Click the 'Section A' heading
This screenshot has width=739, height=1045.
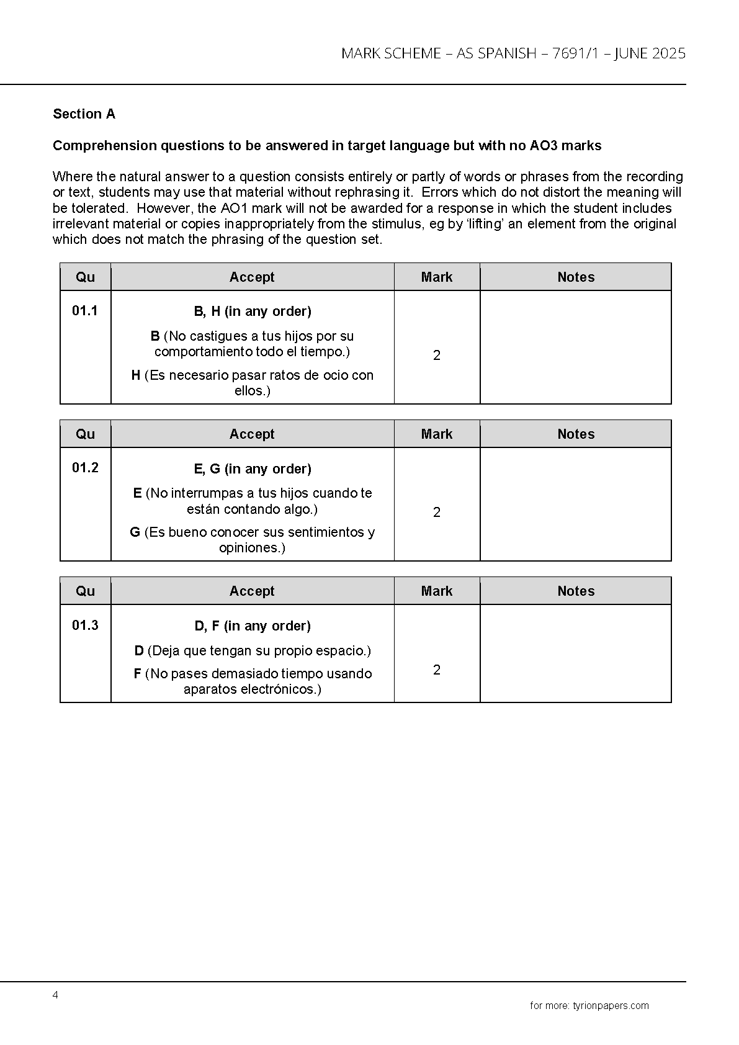coord(84,114)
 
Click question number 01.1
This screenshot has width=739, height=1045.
coord(85,310)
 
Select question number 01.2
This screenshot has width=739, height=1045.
coord(85,467)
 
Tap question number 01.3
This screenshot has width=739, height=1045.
coord(85,625)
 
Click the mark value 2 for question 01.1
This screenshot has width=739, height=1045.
coord(437,356)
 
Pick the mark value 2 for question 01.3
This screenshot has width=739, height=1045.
coord(437,670)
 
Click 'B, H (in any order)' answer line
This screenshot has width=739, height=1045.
coord(253,312)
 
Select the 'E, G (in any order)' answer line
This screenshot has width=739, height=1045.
coord(253,469)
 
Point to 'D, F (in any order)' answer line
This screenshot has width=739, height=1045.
coord(253,626)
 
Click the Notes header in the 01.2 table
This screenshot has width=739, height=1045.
coord(576,434)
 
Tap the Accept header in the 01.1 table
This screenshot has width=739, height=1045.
coord(252,277)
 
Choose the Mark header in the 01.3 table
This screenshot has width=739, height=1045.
coord(437,591)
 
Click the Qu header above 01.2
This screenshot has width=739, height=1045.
coord(85,434)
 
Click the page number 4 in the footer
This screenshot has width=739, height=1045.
coord(55,995)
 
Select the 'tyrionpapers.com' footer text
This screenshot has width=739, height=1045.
coord(611,1006)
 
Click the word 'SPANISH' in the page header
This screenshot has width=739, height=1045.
coord(506,54)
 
